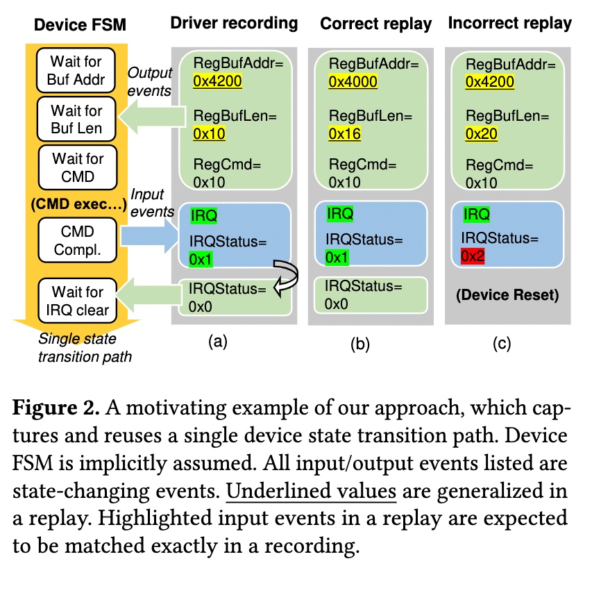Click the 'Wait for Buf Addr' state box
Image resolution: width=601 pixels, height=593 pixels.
[x=76, y=70]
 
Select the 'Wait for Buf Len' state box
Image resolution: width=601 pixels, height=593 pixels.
[x=76, y=119]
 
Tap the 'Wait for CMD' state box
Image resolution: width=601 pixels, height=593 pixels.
[x=78, y=167]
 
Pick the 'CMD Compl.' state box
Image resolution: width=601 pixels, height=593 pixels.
[x=78, y=240]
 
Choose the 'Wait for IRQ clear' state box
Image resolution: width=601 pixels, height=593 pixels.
[x=78, y=301]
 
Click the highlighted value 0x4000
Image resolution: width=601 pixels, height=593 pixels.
[x=353, y=82]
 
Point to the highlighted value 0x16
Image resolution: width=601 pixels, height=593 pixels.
[x=345, y=134]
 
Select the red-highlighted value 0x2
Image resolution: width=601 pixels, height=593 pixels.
[x=473, y=256]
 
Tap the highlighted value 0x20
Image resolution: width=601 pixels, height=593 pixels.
[x=482, y=134]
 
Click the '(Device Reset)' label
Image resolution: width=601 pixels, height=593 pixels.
[x=507, y=294]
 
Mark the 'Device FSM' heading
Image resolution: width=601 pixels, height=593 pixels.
[x=80, y=25]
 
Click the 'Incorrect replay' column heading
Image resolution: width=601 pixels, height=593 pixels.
[x=510, y=24]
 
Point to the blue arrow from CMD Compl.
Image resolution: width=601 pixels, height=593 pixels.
[x=150, y=236]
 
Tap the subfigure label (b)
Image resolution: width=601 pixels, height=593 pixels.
[x=360, y=344]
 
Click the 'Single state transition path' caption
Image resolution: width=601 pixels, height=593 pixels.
[x=85, y=347]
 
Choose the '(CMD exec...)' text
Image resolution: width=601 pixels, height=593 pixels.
[x=78, y=204]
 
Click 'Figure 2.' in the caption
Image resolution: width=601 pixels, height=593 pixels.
[x=56, y=408]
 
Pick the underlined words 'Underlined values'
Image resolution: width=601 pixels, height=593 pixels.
[x=311, y=491]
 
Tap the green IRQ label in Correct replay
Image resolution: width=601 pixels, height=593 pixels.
[x=339, y=214]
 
